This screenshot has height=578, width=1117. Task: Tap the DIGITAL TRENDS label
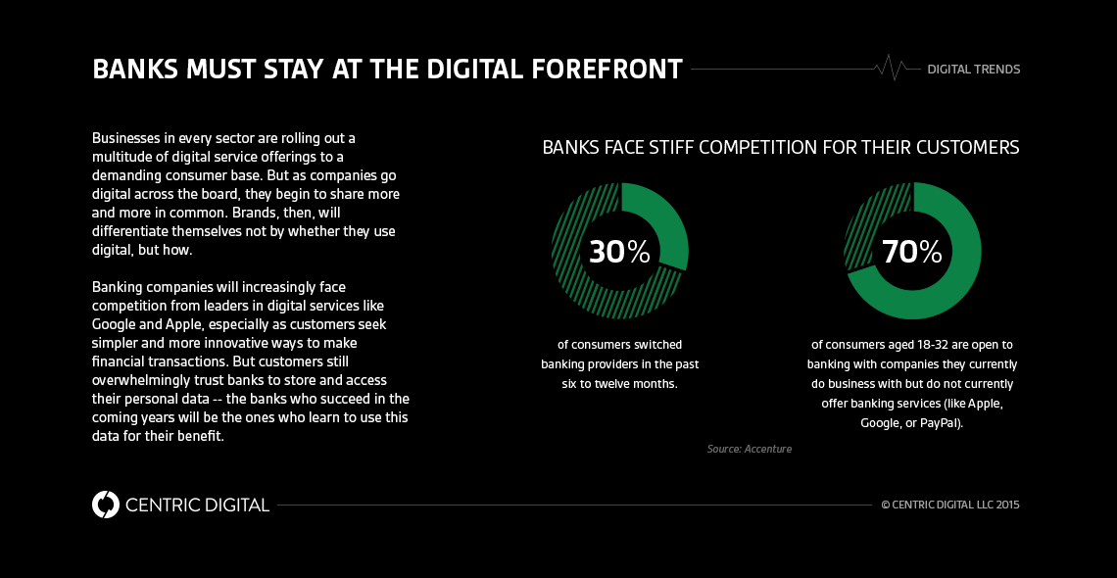[974, 70]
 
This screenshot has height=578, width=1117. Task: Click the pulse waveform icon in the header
[893, 69]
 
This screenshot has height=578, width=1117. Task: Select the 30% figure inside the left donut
[619, 252]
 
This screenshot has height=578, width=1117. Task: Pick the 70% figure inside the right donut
[912, 252]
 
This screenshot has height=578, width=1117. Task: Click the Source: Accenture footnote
[749, 449]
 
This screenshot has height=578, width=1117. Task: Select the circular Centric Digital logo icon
[105, 505]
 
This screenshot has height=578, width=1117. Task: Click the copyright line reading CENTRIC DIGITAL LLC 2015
[950, 506]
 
